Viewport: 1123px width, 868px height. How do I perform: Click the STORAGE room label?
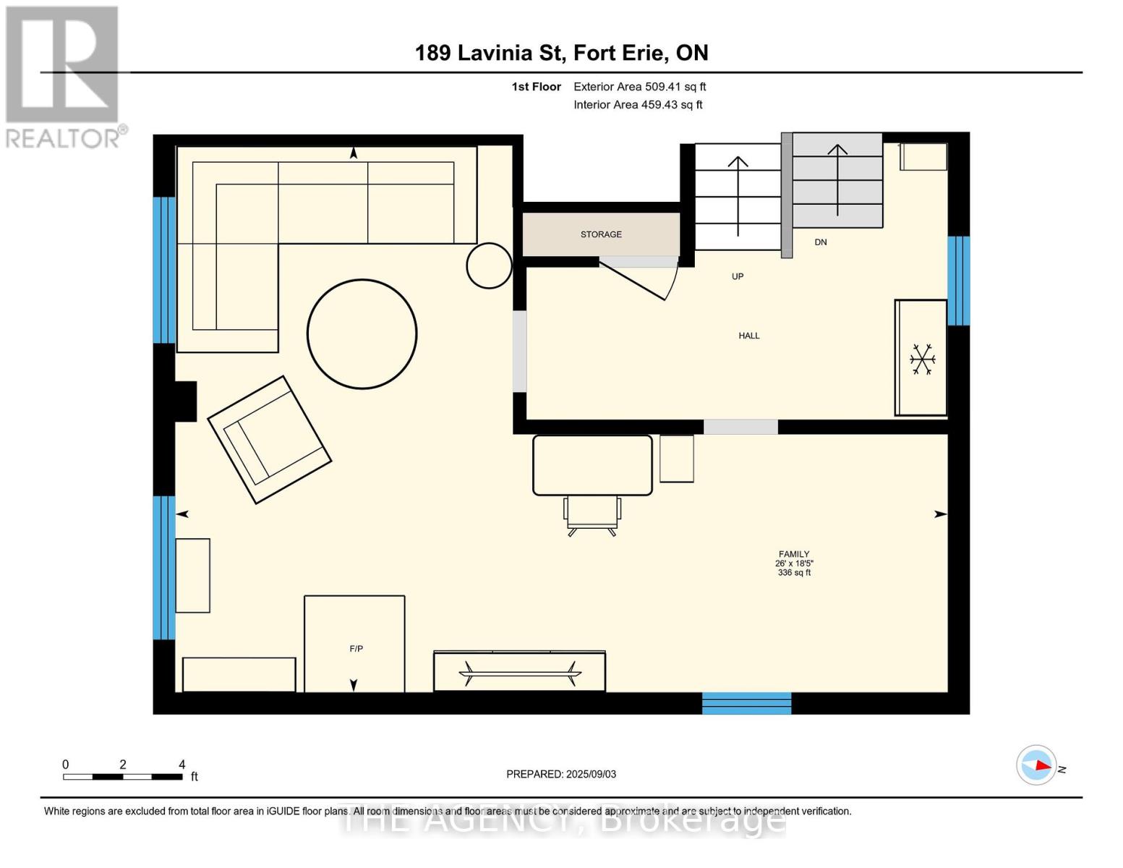click(600, 234)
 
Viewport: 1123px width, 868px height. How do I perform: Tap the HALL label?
click(749, 336)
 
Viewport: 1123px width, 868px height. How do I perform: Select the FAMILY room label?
click(794, 553)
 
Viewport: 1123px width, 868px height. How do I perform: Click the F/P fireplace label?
click(356, 648)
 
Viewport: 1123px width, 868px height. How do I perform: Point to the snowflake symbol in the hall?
click(923, 359)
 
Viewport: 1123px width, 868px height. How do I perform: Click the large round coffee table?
click(362, 334)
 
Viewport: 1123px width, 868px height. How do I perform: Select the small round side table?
click(489, 265)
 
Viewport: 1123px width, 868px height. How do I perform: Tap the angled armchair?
click(269, 440)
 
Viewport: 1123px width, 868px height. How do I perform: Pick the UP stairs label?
click(738, 276)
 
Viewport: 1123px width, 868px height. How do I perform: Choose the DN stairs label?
click(821, 242)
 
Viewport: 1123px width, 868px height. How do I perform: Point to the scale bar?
click(123, 776)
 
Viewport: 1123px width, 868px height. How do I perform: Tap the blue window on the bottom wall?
click(746, 703)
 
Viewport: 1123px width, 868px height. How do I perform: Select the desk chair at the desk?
click(592, 516)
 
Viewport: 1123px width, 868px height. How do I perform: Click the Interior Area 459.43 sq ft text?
click(639, 104)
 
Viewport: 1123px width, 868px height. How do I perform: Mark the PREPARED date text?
click(561, 774)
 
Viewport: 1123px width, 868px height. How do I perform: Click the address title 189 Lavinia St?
click(490, 53)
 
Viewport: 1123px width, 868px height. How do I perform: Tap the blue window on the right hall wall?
click(959, 281)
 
